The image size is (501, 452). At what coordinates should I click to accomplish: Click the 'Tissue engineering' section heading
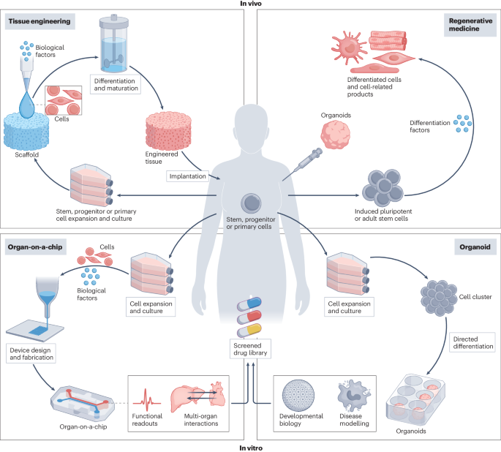coord(40,21)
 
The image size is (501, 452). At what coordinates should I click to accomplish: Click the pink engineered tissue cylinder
coord(173,128)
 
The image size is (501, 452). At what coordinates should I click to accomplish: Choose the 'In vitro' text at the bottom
coord(251,446)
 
